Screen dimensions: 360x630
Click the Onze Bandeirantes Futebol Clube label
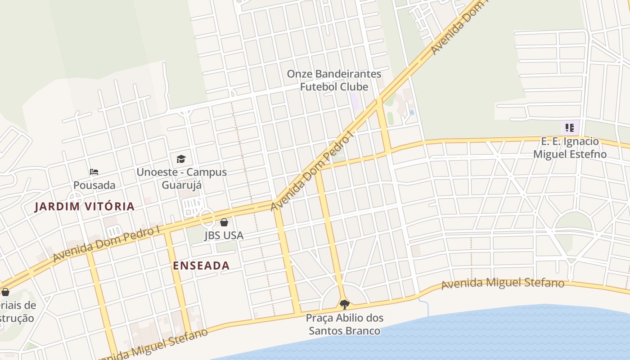point(334,80)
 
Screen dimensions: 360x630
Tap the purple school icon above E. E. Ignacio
point(570,128)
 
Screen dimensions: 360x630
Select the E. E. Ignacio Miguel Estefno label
point(570,148)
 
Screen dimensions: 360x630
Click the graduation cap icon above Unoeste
point(181,159)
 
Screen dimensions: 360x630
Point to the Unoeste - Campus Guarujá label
point(181,179)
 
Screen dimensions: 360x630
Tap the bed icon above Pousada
point(94,172)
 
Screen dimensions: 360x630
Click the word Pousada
point(94,185)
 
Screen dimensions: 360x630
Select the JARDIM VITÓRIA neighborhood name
point(85,207)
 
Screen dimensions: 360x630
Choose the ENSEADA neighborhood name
point(201,265)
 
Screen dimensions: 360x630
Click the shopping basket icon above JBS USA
point(224,222)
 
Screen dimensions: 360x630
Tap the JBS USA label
point(224,235)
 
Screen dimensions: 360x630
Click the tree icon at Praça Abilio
point(344,305)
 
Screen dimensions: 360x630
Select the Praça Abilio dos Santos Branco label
point(344,324)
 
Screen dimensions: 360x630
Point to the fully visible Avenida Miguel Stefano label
point(502,283)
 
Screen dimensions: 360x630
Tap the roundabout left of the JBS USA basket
point(207,218)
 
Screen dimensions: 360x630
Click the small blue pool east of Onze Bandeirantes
point(412,112)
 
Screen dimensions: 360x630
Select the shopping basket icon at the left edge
point(5,292)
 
